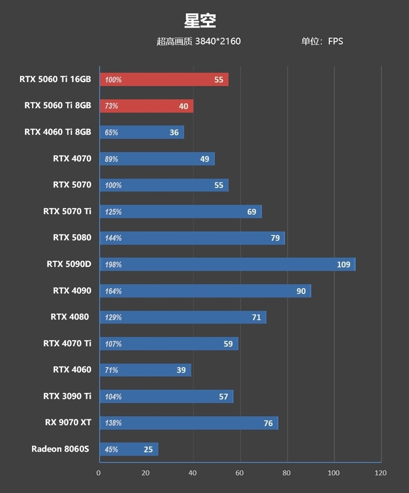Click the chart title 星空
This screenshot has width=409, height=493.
pos(200,21)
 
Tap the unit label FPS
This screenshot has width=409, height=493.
pos(335,41)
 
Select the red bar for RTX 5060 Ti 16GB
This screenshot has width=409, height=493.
pos(164,80)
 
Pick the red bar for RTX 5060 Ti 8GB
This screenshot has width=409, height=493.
pos(146,106)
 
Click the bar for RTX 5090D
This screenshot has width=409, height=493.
pos(227,264)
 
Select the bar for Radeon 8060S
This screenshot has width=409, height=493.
pos(129,449)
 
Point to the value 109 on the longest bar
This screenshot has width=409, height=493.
pos(344,264)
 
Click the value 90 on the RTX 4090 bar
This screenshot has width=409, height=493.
pos(301,291)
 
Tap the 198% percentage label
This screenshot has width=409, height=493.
pos(113,265)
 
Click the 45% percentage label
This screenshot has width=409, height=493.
pos(111,450)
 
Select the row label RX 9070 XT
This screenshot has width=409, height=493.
pos(68,422)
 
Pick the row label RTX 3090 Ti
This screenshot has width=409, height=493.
pos(67,396)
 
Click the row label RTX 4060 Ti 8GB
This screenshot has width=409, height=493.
pos(58,132)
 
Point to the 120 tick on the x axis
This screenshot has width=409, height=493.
pos(380,473)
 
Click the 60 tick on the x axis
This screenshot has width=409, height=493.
pos(240,473)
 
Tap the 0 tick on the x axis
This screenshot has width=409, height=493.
pos(99,473)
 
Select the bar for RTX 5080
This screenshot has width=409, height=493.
pos(192,238)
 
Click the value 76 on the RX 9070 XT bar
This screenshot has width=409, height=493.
pos(268,423)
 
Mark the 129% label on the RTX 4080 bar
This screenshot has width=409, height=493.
pos(113,317)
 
